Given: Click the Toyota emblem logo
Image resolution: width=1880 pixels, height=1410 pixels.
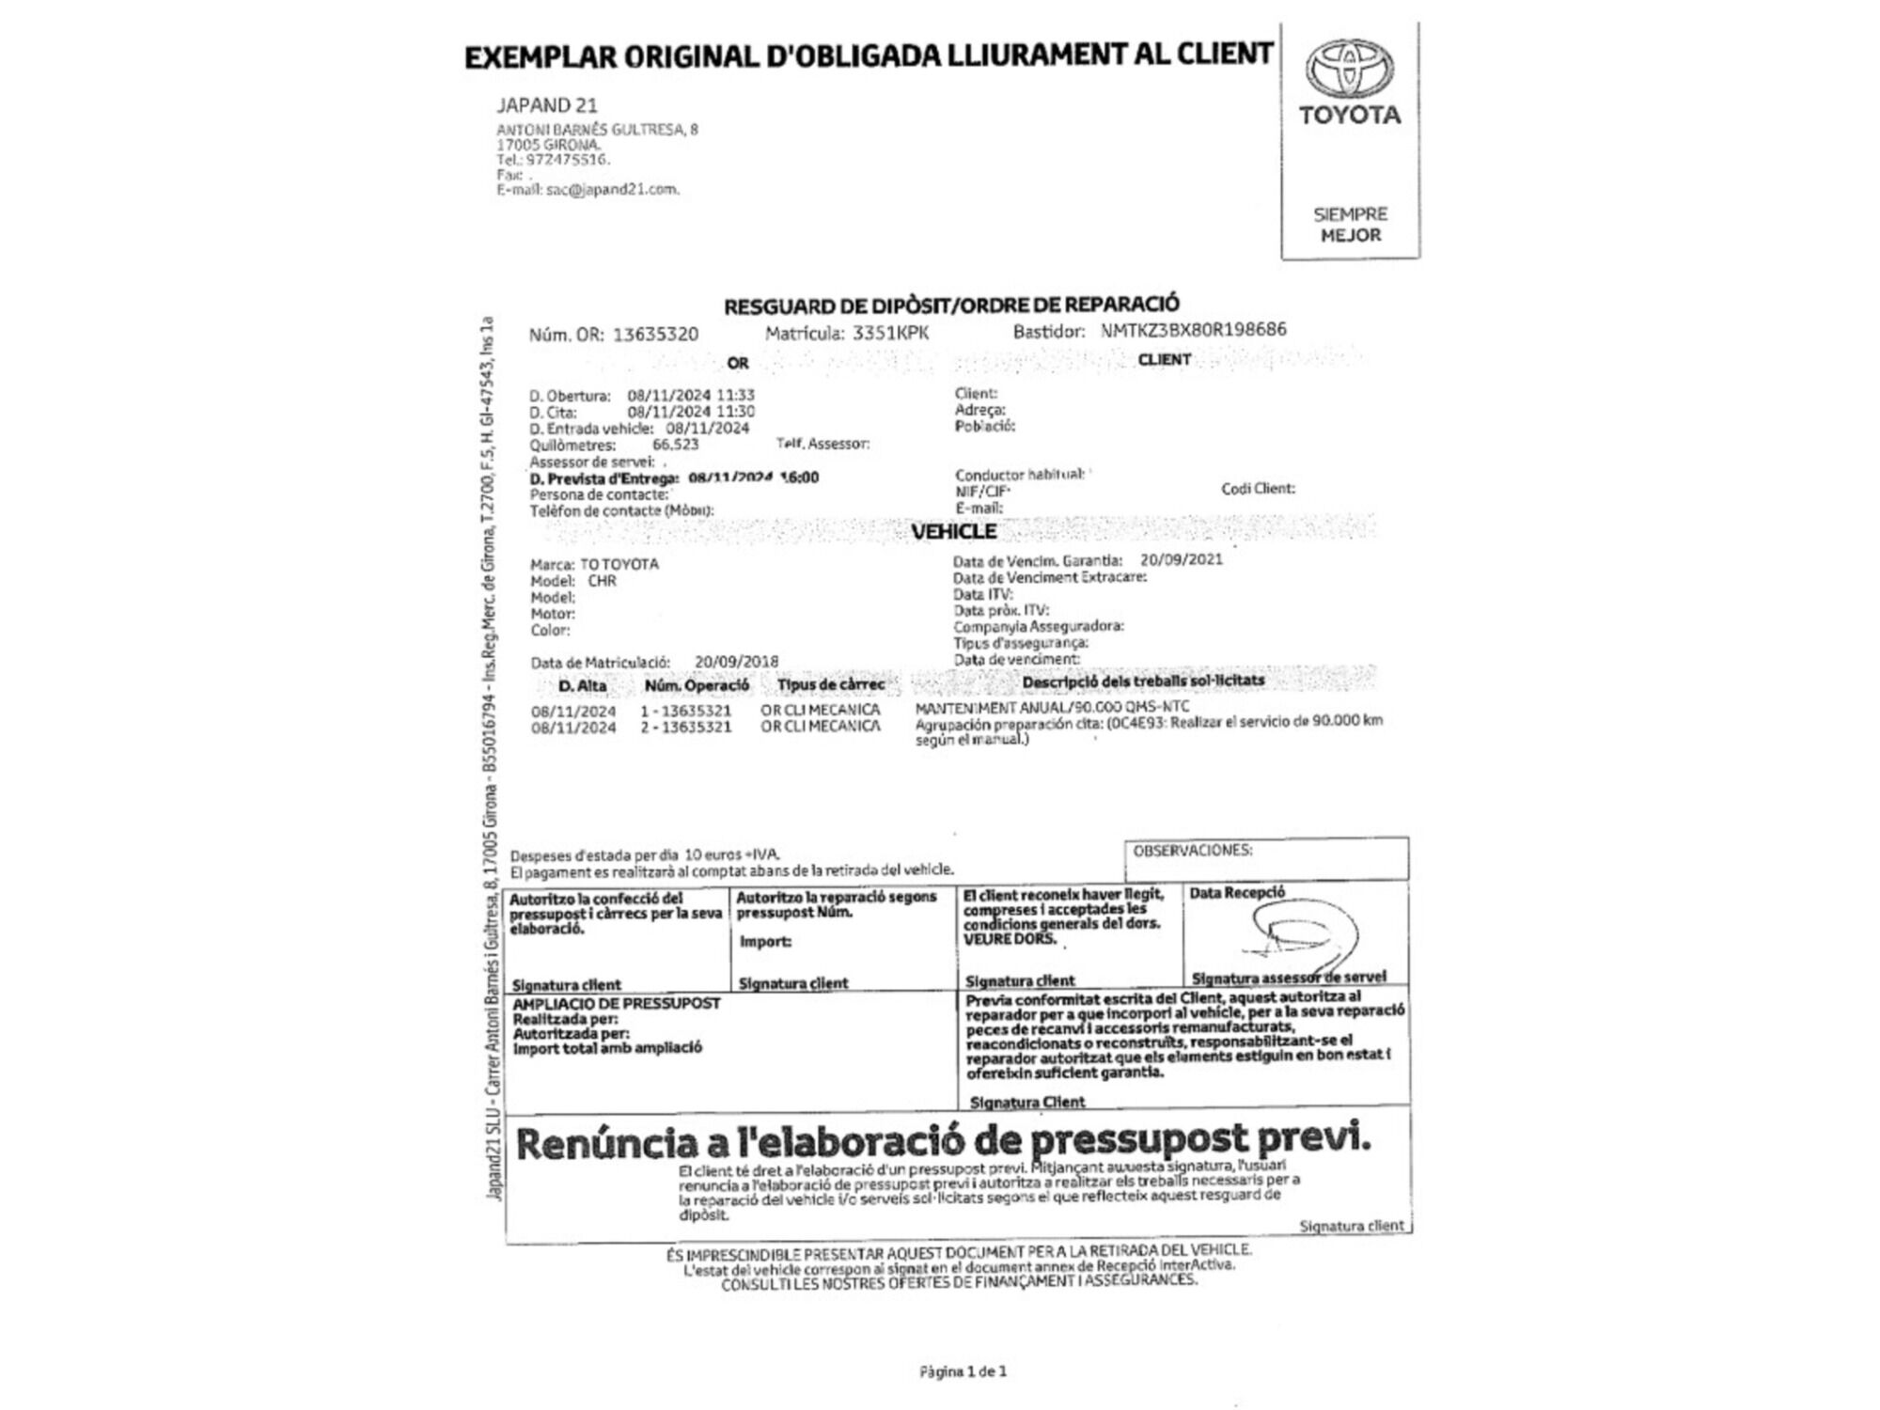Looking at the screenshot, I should click(x=1349, y=69).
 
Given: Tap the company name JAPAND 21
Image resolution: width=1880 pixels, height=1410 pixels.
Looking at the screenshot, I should click(x=547, y=105).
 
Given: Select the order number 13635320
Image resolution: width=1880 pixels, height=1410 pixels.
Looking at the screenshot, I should click(x=655, y=335).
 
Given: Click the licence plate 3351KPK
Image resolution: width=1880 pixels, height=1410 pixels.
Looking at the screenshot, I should click(x=890, y=333).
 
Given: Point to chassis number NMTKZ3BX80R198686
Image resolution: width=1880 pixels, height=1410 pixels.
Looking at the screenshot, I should click(x=1193, y=330).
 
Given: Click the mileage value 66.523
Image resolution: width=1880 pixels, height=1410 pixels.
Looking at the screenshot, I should click(x=675, y=445).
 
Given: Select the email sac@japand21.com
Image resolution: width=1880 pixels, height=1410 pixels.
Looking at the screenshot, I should click(x=611, y=189).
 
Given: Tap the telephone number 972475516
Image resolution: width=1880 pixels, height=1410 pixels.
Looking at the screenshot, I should click(x=568, y=160).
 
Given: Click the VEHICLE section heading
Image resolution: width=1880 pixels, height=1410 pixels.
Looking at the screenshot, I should click(x=953, y=532).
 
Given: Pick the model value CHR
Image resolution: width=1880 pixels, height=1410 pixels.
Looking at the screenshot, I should click(x=602, y=581).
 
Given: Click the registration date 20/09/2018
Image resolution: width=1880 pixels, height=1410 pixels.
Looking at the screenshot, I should click(x=736, y=662).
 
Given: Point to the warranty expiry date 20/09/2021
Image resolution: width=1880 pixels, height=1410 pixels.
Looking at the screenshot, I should click(x=1181, y=559).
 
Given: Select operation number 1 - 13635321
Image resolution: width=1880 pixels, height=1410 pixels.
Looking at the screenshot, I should click(x=685, y=711).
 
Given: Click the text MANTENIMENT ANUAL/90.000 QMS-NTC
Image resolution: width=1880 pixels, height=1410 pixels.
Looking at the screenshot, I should click(x=1052, y=707).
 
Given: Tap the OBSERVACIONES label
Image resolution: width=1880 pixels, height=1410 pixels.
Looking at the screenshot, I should click(x=1192, y=851).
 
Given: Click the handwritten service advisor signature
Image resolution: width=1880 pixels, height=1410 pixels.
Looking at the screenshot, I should click(x=1307, y=935).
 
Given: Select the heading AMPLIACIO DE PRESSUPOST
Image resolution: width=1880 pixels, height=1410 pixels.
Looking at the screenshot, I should click(x=616, y=1004).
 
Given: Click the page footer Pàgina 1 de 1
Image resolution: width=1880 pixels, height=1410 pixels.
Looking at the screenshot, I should click(x=963, y=1371).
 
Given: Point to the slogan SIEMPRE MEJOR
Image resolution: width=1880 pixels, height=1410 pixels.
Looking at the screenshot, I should click(x=1350, y=225).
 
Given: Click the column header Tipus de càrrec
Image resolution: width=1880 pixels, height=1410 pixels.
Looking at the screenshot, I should click(x=830, y=685).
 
